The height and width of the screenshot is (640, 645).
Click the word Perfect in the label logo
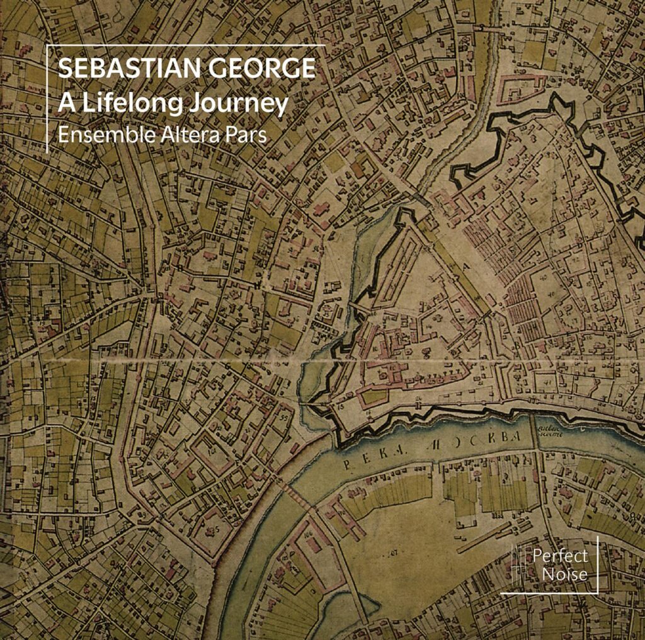click(559, 556)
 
